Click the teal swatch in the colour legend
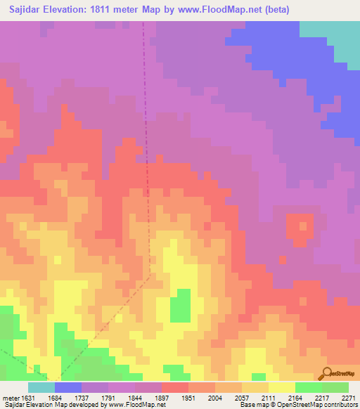41,387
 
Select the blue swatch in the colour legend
68,387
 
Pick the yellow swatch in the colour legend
281,387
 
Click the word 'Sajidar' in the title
21,9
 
